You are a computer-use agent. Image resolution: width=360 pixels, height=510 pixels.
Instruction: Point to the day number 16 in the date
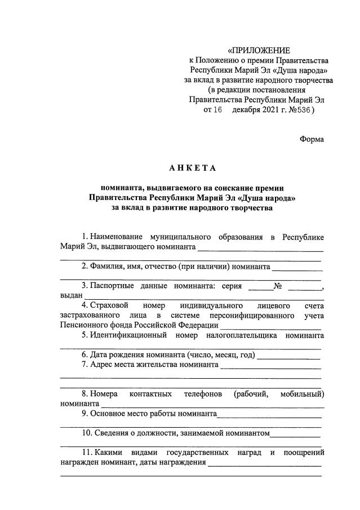pos(217,110)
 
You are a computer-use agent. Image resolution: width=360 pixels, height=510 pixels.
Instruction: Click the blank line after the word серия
pos(260,287)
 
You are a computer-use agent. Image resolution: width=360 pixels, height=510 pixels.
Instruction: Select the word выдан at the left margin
pos(72,295)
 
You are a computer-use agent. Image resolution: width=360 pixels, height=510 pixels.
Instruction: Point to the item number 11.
pos(86,453)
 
